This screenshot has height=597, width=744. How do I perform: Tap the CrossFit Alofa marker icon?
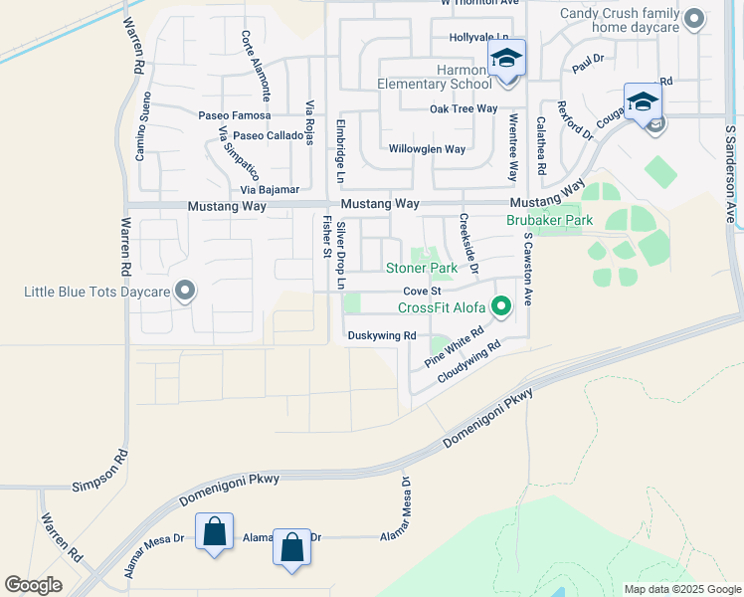(502, 305)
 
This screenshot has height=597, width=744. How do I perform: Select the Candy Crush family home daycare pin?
(694, 19)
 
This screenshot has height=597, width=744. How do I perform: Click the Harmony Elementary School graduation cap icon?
(505, 59)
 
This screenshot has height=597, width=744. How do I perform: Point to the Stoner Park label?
(422, 269)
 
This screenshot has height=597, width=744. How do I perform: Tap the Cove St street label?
(421, 291)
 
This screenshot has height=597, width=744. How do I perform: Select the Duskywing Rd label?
(381, 336)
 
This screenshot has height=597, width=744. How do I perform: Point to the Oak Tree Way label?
(463, 109)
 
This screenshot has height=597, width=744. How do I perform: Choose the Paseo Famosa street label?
(234, 116)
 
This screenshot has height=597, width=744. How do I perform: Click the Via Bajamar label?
(270, 189)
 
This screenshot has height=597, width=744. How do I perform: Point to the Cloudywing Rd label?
(467, 364)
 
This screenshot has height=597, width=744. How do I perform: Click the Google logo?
(33, 585)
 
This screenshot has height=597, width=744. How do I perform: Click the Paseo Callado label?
(269, 135)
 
